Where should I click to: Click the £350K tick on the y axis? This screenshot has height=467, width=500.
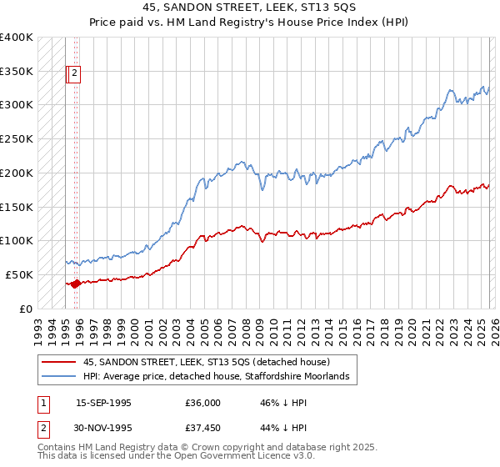(17, 71)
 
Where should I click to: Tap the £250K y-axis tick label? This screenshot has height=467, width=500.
(17, 139)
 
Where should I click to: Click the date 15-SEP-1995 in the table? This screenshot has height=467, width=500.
(103, 403)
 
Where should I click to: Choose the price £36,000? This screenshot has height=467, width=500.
(203, 403)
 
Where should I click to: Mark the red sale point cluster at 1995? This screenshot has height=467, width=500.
(76, 284)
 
